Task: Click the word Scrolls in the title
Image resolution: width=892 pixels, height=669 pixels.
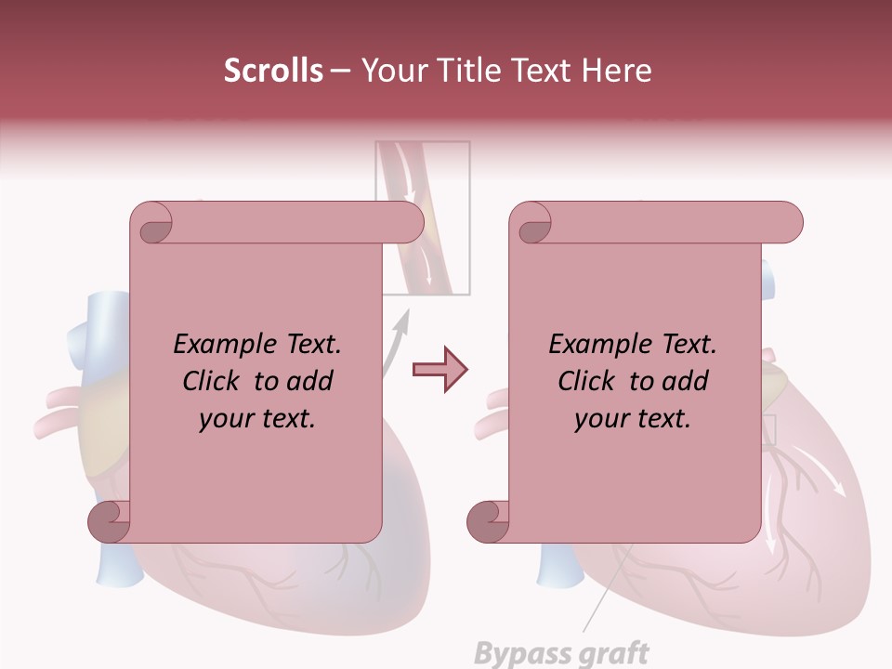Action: (274, 71)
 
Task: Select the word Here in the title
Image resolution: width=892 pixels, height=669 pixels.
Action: (616, 71)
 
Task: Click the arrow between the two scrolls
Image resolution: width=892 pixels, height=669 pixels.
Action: (439, 370)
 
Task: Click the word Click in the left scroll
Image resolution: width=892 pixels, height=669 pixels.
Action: (214, 381)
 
